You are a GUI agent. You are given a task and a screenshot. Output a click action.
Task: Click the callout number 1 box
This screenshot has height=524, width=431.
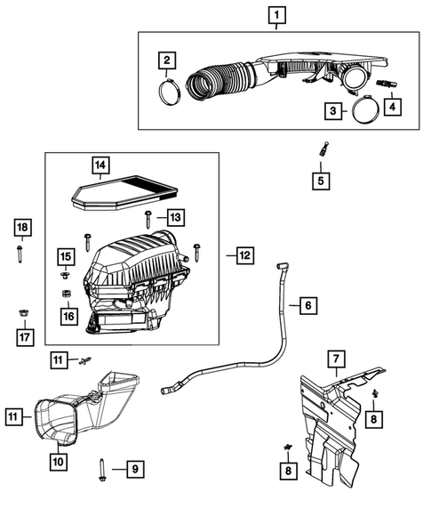[x=277, y=15]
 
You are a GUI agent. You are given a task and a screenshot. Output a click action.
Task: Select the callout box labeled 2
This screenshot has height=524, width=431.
[x=165, y=60]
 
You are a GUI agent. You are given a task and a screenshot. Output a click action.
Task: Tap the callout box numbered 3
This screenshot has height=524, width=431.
[x=332, y=110]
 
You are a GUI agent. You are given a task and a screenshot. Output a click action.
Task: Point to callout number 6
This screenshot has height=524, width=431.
[x=307, y=306]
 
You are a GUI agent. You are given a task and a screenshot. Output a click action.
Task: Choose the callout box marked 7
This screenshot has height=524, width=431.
[x=336, y=359]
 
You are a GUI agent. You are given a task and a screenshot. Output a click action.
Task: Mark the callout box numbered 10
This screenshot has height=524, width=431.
[x=58, y=461]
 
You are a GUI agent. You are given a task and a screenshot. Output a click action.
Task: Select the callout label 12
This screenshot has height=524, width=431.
[x=243, y=255]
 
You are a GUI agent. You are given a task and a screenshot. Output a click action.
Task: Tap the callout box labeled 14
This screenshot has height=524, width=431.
[x=101, y=164]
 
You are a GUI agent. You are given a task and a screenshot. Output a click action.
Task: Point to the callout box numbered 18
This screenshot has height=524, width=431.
[x=22, y=228]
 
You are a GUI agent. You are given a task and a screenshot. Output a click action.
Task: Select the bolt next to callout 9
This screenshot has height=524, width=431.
[x=104, y=470]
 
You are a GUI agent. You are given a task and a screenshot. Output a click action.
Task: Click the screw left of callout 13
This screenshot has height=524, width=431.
[x=147, y=218]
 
